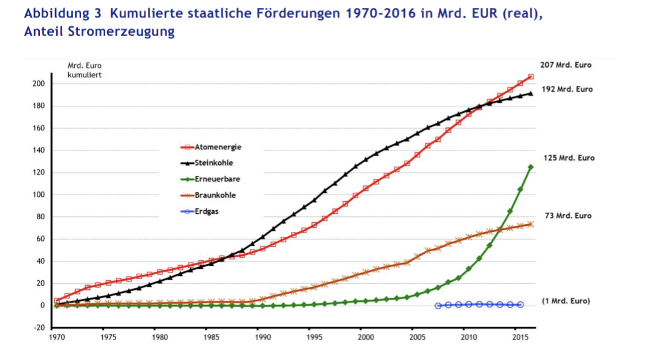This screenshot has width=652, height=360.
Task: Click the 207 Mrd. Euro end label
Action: pos(566,65)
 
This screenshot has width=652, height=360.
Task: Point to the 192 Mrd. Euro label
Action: pos(567,89)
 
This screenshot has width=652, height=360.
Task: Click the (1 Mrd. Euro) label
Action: pos(566,301)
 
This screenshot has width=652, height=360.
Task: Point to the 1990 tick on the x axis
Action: pos(260,337)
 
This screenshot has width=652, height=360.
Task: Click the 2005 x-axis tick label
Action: pos(414,337)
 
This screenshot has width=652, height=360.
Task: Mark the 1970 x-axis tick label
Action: pos(56,337)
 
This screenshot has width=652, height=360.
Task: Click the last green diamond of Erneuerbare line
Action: pos(531,167)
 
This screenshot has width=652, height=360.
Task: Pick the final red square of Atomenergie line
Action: pos(531,77)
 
